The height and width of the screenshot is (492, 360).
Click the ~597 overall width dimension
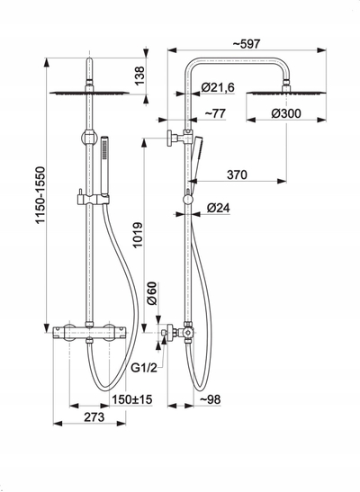[247, 43]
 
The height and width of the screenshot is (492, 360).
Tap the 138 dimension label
[139, 76]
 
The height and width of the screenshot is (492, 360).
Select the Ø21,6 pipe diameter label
[218, 87]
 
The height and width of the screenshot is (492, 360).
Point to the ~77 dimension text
[215, 113]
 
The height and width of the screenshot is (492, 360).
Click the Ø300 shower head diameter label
[286, 113]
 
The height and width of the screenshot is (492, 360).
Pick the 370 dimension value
[237, 174]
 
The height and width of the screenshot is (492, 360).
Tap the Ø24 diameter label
[219, 208]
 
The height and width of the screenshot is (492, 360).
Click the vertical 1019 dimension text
[138, 235]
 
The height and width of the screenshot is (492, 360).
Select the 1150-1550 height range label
[40, 195]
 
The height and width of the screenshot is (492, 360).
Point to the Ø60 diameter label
[152, 293]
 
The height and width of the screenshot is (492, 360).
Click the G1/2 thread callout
[144, 368]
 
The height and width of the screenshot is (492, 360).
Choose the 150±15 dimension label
[132, 399]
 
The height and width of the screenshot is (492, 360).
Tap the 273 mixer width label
[94, 417]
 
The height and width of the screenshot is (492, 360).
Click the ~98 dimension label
[210, 399]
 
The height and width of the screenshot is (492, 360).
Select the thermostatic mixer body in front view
[89, 333]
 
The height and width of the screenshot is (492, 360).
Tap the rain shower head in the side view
[286, 93]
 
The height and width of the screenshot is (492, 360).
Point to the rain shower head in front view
[89, 93]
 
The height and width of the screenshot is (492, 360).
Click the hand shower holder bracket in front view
[94, 200]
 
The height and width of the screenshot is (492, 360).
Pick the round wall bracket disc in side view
[170, 138]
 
